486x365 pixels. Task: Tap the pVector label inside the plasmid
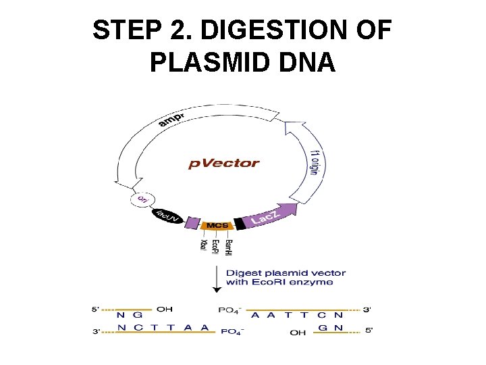pos(223,163)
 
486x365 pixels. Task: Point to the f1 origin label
pos(315,162)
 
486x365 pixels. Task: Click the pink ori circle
pos(142,199)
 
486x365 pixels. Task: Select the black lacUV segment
pos(166,216)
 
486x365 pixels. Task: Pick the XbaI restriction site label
pos(203,244)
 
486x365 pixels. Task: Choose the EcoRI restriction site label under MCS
pos(215,247)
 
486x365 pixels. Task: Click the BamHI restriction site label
pos(228,247)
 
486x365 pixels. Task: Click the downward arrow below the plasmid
pos(217,278)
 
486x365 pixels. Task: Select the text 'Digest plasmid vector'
pos(286,273)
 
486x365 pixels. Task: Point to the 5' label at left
pos(95,310)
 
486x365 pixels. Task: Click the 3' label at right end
pos(367,310)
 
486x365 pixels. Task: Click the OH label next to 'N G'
pos(164,310)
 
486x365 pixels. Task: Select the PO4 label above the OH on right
pos(230,310)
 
